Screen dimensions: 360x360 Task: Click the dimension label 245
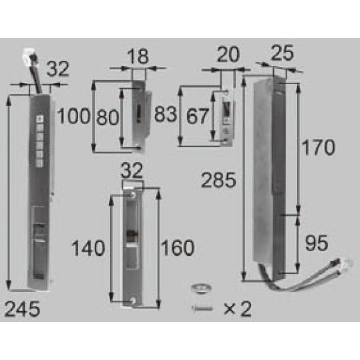coord(22,309)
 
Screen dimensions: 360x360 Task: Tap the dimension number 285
coord(218,180)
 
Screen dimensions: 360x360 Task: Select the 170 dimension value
coord(318,147)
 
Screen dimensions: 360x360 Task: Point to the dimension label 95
coord(317,243)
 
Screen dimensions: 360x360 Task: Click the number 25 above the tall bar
coord(283,53)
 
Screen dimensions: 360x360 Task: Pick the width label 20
coord(228,54)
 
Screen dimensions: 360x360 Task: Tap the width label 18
coord(138,57)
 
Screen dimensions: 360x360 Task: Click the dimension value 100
coord(73,116)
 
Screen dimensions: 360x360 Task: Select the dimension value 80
coord(108,118)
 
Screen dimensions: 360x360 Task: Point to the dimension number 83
coord(166,114)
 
